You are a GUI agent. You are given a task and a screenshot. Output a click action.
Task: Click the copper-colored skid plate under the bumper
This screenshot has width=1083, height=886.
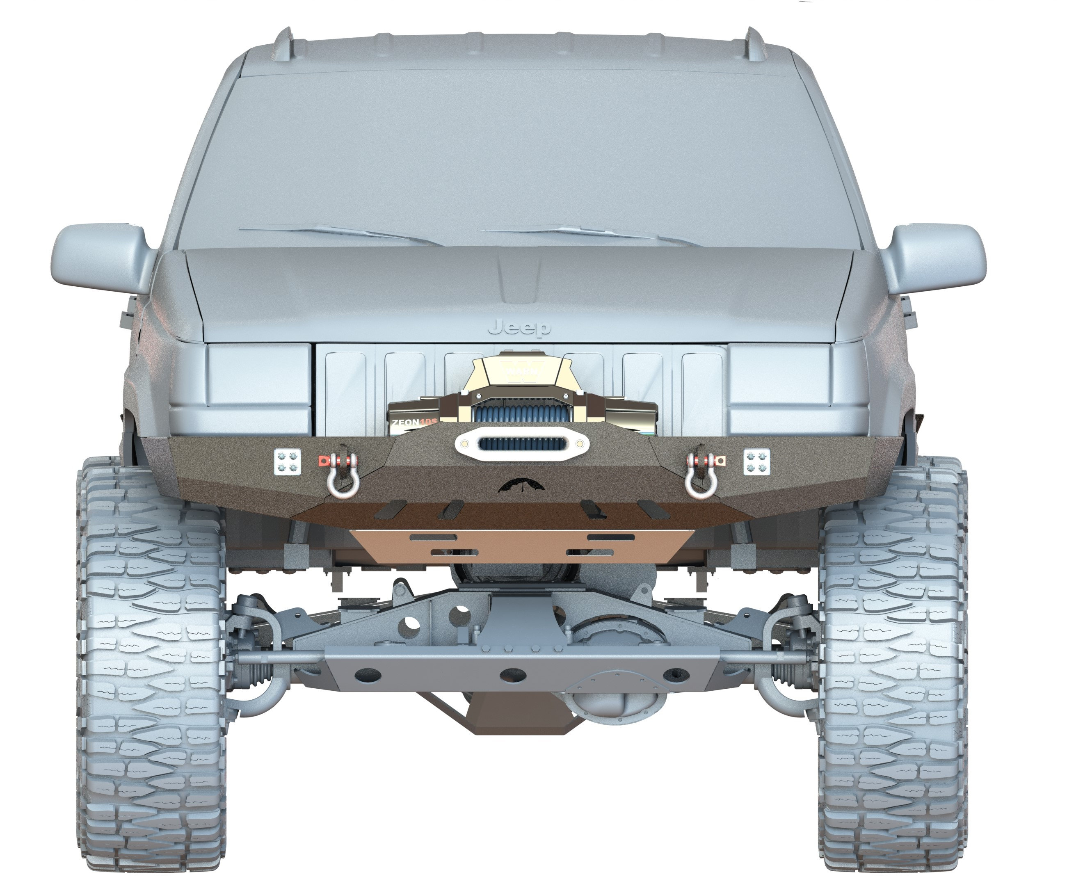[x=521, y=546]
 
